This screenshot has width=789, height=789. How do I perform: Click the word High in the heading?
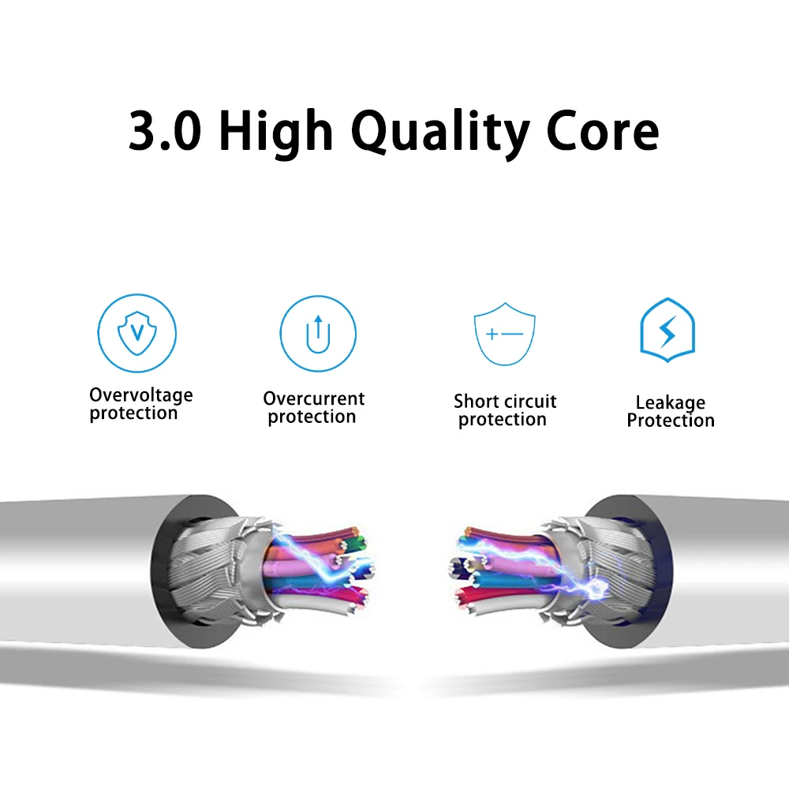[274, 133]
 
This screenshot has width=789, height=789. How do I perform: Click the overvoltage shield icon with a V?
[136, 332]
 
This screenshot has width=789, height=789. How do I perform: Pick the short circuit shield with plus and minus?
[504, 335]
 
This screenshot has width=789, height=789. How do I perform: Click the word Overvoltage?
[140, 394]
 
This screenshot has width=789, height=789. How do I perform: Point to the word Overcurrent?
[314, 398]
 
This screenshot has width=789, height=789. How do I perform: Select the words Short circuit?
[505, 402]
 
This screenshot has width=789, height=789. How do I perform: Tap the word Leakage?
[671, 403]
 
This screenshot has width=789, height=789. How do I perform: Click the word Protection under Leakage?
[671, 421]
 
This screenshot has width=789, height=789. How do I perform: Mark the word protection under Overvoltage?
[133, 413]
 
